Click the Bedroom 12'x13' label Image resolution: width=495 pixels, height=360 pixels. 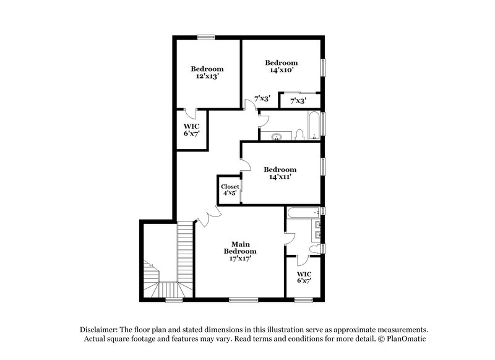tap(207, 72)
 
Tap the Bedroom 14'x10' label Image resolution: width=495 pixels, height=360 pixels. tap(281, 66)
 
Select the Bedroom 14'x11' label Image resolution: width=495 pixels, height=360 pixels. tap(280, 173)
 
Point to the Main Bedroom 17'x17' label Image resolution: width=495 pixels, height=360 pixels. tap(240, 251)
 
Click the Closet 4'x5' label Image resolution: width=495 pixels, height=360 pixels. tap(230, 189)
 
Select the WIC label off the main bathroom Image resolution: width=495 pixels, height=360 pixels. tap(303, 277)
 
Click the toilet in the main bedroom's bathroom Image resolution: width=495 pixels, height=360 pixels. tap(316, 249)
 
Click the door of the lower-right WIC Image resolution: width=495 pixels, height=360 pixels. tap(302, 260)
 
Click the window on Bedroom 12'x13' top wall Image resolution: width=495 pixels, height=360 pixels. tap(206, 36)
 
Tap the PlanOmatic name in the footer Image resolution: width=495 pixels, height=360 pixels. tap(406, 339)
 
